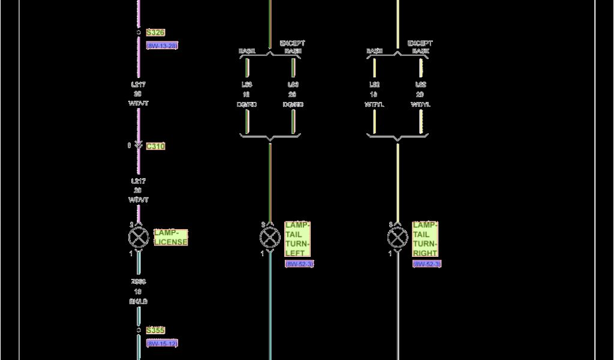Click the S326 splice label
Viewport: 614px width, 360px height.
(155, 32)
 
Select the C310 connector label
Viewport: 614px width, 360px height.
(155, 146)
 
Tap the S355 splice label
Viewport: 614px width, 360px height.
(155, 331)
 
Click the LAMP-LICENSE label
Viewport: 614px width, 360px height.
(171, 237)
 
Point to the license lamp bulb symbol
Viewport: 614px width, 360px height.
(139, 238)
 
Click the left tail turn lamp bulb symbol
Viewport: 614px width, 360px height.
(270, 238)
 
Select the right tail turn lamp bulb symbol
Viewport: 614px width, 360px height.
(398, 238)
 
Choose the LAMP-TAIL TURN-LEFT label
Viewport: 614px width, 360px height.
(297, 239)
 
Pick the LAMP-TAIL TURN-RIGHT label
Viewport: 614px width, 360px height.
(425, 239)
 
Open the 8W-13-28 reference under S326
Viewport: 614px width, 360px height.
(162, 46)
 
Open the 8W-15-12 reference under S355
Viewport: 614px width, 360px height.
(162, 344)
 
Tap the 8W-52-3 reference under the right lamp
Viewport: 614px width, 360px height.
(427, 264)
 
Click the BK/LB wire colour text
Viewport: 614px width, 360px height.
(139, 301)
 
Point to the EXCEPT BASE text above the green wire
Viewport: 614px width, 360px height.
(293, 47)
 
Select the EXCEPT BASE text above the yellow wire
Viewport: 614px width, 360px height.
(420, 47)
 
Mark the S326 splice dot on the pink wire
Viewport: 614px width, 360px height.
(139, 32)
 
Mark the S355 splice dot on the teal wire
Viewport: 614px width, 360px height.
(139, 331)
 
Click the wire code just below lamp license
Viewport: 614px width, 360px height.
(139, 281)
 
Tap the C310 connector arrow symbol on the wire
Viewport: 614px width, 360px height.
(139, 146)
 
